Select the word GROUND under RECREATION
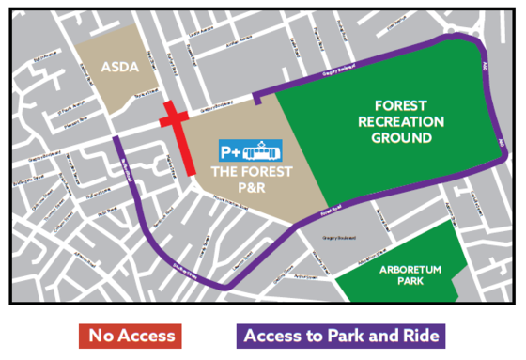click(400, 138)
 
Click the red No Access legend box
click(129, 336)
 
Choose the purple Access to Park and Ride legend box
click(340, 336)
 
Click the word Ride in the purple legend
click(418, 336)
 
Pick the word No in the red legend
click(101, 336)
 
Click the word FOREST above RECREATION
click(400, 105)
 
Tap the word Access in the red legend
click(142, 336)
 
